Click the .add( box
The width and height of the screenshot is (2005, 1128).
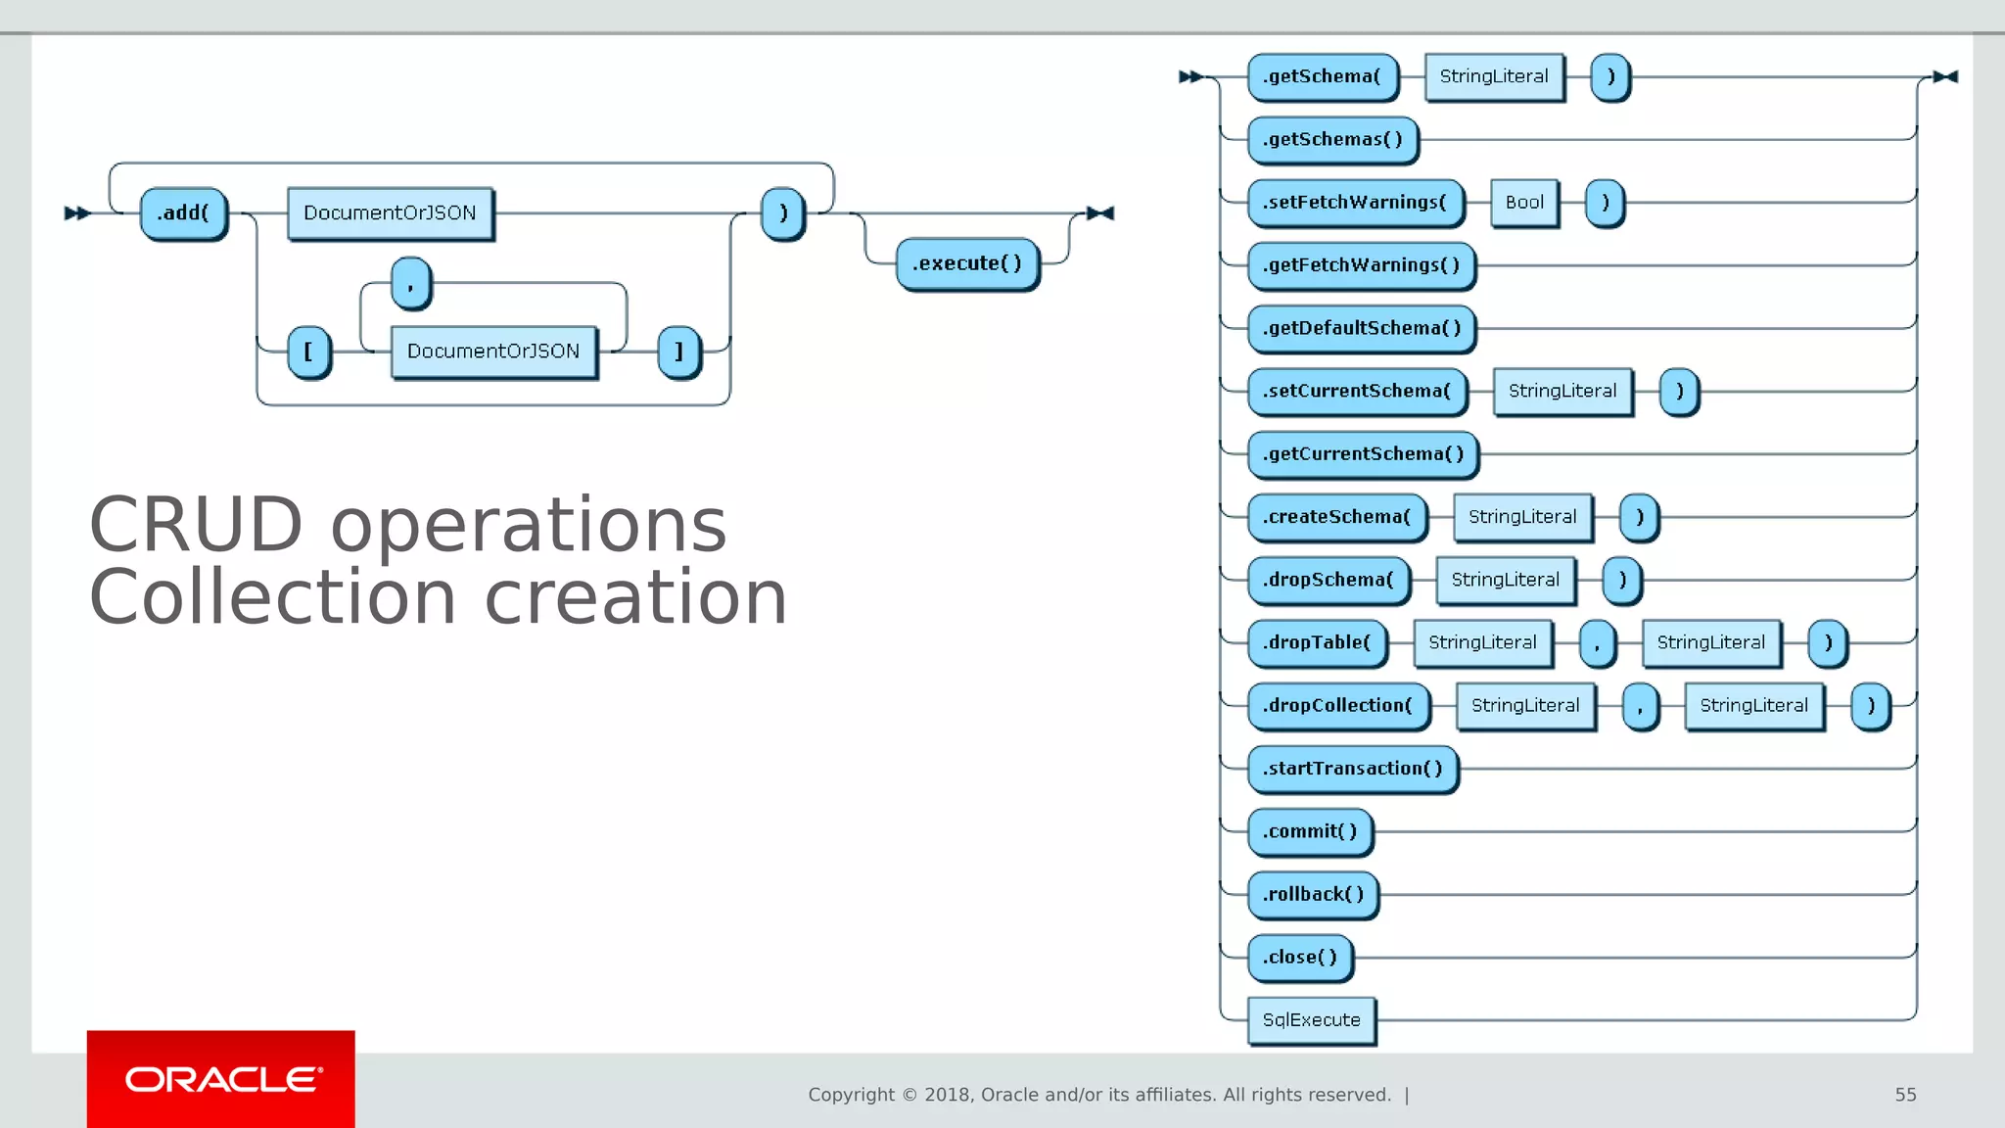tap(183, 213)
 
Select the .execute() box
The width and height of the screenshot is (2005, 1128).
tap(966, 263)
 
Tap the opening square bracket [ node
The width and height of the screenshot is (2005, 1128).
tap(308, 352)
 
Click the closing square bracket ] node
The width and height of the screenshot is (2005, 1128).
tap(678, 352)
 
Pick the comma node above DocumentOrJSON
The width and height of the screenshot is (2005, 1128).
tap(410, 283)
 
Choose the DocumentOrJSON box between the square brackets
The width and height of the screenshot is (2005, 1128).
tap(493, 352)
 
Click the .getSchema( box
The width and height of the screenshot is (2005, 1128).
tap(1322, 76)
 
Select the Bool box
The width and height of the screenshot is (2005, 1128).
tap(1524, 203)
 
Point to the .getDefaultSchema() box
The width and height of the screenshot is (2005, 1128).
tap(1361, 328)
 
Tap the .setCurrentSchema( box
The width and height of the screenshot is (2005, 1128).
tap(1357, 391)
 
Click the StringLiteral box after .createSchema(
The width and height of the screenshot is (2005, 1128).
tap(1522, 517)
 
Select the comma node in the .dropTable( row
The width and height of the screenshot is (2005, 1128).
tap(1597, 643)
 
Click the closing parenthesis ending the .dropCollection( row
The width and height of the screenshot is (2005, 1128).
tap(1870, 706)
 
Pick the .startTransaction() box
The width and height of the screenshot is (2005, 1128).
tap(1352, 769)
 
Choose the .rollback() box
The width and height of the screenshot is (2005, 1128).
tap(1312, 894)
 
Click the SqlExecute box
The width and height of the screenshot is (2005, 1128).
tap(1311, 1020)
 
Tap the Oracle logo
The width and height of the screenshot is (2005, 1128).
tap(221, 1079)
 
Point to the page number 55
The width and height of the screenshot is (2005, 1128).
tap(1905, 1095)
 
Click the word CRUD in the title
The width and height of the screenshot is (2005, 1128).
tap(196, 525)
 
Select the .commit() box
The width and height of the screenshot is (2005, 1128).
tap(1309, 831)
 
